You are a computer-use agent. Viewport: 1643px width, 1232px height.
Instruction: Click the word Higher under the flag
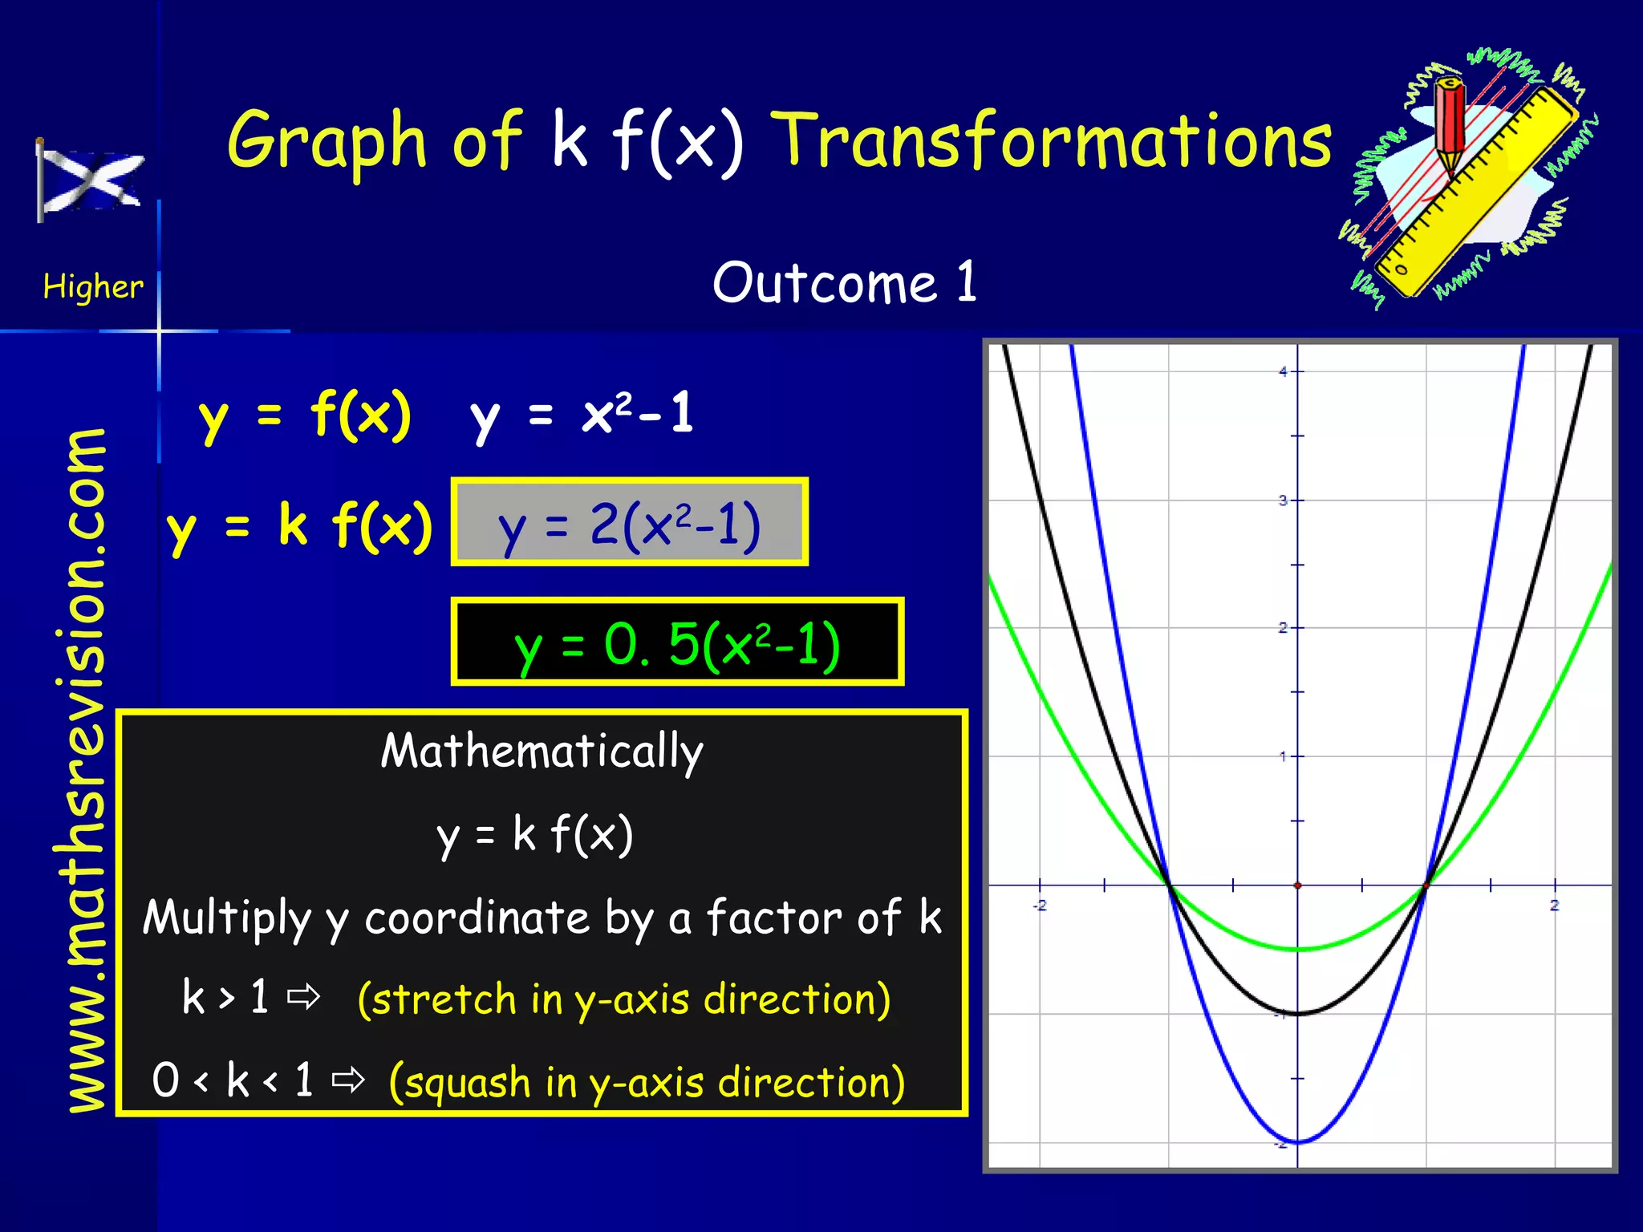click(93, 286)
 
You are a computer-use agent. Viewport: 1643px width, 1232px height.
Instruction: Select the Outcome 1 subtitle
click(845, 283)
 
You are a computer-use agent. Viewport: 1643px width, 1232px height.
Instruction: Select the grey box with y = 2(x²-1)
click(629, 523)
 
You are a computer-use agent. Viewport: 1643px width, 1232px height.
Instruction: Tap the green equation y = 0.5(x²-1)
click(677, 642)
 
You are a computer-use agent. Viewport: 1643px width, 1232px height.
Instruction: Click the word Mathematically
click(542, 752)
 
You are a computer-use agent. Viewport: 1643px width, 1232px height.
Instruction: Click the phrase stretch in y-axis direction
click(624, 999)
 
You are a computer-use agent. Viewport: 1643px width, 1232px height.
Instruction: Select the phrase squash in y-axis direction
click(647, 1082)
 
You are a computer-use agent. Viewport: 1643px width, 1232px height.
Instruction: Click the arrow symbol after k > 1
click(304, 998)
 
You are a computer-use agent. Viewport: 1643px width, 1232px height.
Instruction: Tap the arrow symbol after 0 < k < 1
click(349, 1080)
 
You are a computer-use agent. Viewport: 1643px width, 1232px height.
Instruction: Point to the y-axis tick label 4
click(1283, 371)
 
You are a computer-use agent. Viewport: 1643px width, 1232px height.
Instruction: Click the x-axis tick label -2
click(1040, 906)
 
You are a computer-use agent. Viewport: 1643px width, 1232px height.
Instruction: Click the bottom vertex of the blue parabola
click(1298, 1141)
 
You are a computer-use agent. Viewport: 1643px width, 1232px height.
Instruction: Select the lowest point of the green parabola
click(1298, 950)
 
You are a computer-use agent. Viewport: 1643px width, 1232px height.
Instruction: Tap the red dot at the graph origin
click(1298, 885)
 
